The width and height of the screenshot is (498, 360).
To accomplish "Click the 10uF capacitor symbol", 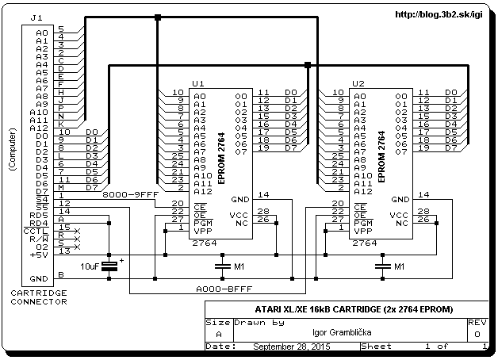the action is [109, 266].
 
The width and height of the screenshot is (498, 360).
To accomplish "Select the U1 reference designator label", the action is [198, 83].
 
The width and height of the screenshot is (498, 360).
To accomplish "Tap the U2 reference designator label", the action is [358, 83].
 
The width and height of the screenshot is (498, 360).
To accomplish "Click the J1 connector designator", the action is [36, 17].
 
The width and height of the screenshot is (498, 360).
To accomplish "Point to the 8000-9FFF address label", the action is [130, 194].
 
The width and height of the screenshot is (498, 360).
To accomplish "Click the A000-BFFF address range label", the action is [224, 289].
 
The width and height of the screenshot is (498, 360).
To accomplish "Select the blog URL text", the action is [439, 14].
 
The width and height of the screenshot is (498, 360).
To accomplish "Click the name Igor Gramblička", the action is [342, 332].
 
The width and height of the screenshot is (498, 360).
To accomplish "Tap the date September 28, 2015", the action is [292, 347].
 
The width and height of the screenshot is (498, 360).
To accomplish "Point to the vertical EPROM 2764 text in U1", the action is [221, 158].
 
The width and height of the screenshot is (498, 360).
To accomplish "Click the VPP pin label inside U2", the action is [362, 231].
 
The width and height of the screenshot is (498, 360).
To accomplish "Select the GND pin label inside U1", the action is [240, 199].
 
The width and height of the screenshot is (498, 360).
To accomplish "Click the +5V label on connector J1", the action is [39, 255].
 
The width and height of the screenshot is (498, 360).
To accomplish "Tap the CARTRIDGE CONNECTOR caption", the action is [39, 297].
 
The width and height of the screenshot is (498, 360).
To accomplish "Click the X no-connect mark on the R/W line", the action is [77, 239].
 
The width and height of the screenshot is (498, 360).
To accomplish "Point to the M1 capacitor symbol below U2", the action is [383, 266].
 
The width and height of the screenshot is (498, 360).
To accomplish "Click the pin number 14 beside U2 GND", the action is [423, 194].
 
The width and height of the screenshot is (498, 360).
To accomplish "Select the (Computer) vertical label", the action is [13, 150].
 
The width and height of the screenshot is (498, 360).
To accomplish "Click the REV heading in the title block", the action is [477, 323].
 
